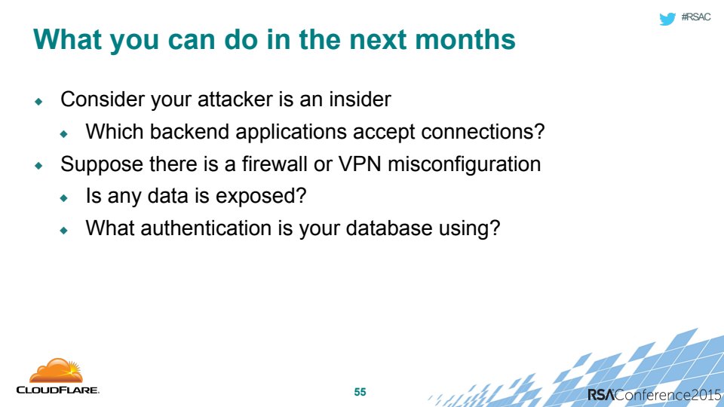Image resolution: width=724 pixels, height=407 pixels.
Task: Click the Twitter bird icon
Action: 667,18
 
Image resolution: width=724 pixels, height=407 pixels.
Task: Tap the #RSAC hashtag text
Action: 696,17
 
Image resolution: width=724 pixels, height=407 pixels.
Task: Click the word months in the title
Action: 465,39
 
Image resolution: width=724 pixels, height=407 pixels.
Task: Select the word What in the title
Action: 67,39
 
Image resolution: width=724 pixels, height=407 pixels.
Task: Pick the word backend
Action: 189,131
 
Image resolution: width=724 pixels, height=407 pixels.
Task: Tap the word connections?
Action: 483,131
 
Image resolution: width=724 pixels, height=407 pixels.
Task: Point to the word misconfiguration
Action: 464,164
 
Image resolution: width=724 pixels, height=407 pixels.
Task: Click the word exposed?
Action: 261,197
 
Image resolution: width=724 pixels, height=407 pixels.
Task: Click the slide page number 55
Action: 360,392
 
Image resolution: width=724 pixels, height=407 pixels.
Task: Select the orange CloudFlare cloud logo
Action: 56,371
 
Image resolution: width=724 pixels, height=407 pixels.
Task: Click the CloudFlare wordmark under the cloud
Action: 58,390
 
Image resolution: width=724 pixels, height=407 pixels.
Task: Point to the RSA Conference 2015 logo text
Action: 654,395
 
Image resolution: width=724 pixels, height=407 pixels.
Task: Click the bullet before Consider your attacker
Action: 38,101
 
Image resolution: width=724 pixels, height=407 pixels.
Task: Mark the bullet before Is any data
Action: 63,198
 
